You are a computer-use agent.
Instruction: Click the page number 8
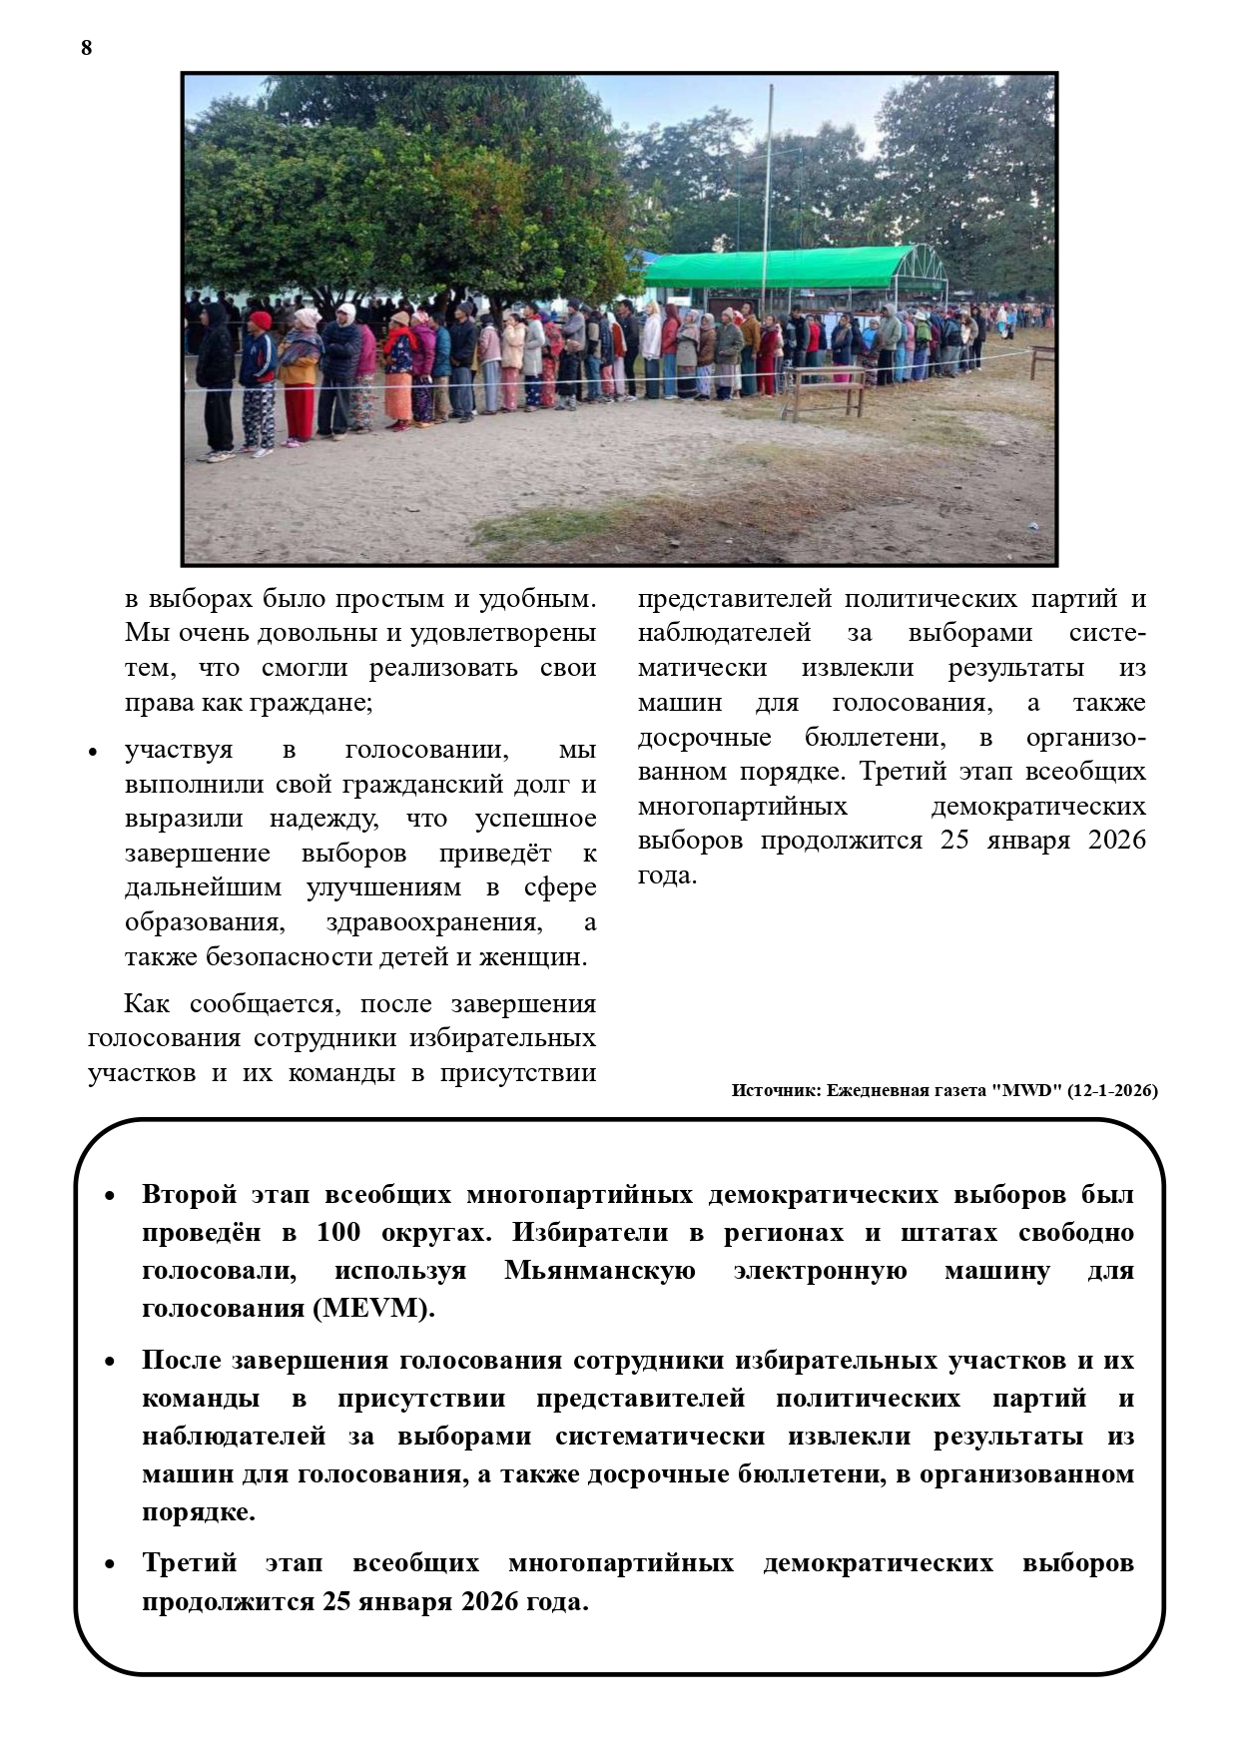click(x=86, y=47)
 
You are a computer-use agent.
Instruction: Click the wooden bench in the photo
click(x=825, y=390)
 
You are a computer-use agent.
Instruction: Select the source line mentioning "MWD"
click(x=943, y=1090)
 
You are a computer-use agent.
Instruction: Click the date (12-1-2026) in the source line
click(x=1112, y=1090)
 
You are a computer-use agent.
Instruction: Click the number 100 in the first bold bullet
click(x=338, y=1232)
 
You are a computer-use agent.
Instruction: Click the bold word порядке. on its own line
click(x=199, y=1511)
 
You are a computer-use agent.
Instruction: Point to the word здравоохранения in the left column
click(x=434, y=921)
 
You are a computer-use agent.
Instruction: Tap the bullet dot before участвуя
click(x=93, y=752)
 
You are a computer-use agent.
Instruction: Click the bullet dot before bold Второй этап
click(x=111, y=1196)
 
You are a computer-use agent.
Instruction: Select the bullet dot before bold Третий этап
click(x=111, y=1565)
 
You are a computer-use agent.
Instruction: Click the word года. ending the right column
click(x=667, y=876)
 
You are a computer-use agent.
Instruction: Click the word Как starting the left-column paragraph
click(x=145, y=1003)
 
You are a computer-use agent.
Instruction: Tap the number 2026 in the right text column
click(x=1116, y=840)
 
